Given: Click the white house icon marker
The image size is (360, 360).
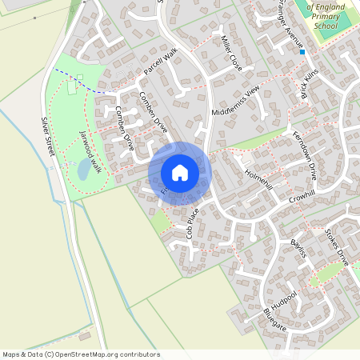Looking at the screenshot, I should coord(180,172).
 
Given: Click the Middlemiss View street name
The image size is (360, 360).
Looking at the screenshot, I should coord(237,101).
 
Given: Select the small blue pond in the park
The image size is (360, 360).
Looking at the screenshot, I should coord(84,169).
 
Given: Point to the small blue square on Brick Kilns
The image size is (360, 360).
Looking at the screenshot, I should coord(302,52).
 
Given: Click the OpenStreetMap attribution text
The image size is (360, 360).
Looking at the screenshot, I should coord(81,354).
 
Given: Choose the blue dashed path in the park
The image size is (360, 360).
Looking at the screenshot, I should coord(80,80).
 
